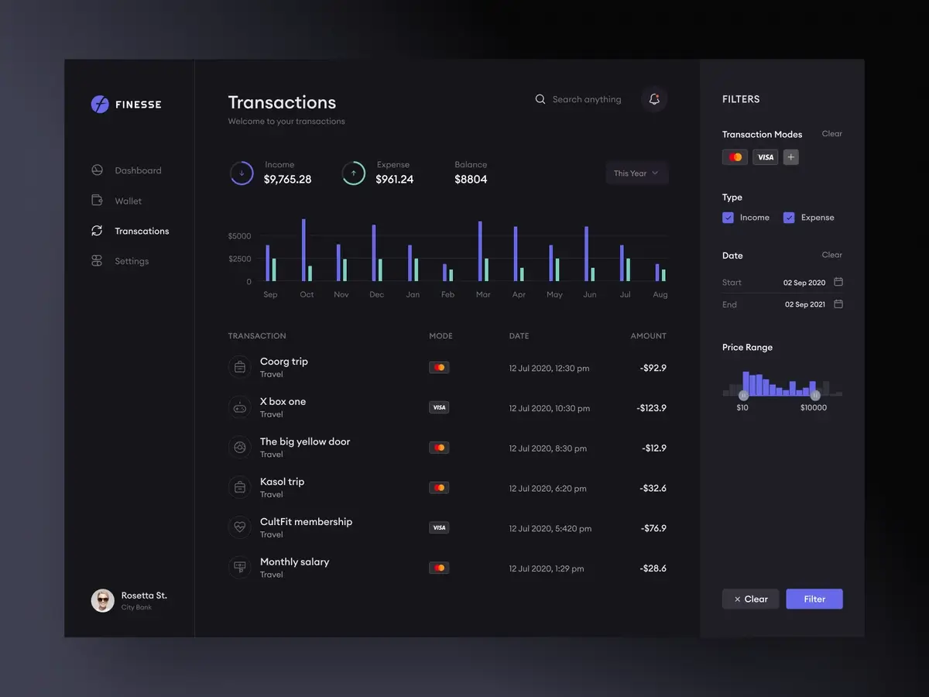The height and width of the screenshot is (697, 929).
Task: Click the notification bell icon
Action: [654, 99]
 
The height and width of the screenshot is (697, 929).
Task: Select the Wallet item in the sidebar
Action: [128, 201]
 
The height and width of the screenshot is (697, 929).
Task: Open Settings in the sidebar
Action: [131, 261]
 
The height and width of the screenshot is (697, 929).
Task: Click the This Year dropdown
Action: [636, 173]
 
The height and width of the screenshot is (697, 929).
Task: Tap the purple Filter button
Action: [814, 599]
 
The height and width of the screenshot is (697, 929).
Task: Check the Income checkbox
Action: [728, 218]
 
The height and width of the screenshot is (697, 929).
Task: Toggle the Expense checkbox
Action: [789, 218]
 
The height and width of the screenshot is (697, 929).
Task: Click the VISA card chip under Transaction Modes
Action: [765, 157]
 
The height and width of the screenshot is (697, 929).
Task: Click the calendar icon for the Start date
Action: [838, 282]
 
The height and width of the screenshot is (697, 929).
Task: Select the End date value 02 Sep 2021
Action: [804, 304]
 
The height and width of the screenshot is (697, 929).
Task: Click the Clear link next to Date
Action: [831, 255]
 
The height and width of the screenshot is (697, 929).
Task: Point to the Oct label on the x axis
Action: [307, 294]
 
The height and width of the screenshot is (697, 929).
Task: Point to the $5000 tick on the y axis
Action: [239, 235]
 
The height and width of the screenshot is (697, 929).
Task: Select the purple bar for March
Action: [480, 251]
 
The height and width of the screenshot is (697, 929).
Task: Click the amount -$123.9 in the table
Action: [651, 408]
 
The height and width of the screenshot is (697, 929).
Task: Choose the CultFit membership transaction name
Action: [306, 522]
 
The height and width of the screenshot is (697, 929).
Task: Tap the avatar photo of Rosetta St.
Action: [102, 600]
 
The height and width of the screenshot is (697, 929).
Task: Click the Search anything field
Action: [586, 99]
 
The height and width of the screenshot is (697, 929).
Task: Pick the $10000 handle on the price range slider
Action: [814, 395]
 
